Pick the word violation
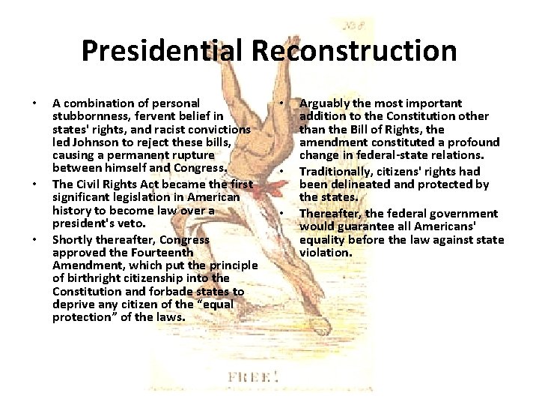click(x=326, y=253)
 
